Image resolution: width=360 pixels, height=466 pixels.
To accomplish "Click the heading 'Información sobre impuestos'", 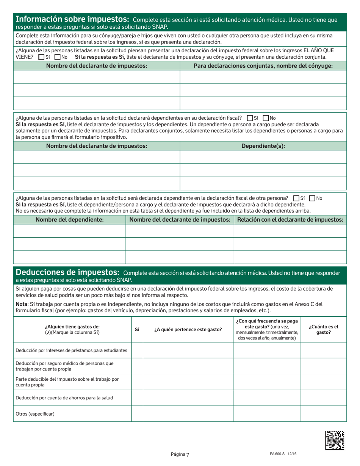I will pos(72,19).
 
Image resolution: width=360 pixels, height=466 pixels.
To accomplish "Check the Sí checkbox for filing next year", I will pos(41,57).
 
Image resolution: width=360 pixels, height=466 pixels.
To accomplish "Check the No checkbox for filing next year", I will pos(58,57).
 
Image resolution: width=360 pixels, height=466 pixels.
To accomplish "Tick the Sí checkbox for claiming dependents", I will pos(249,118).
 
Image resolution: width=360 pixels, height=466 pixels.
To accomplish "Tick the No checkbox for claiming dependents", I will pos(266,118).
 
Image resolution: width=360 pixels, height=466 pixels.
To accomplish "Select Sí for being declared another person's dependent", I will pos(296,198).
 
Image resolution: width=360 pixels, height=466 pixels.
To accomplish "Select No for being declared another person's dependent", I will pos(312,198).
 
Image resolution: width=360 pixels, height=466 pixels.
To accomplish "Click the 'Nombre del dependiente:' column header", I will pos(69,220).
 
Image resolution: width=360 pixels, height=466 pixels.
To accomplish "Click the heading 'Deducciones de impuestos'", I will pos(67,272).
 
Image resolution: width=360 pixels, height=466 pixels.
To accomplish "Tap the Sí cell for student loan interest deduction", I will pos(137,350).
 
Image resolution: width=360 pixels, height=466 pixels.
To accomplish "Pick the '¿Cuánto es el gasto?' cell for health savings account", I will pos(323,398).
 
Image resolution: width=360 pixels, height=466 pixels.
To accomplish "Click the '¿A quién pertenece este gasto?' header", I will pos(188,330).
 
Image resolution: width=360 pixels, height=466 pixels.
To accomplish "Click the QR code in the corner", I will pos(335,440).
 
